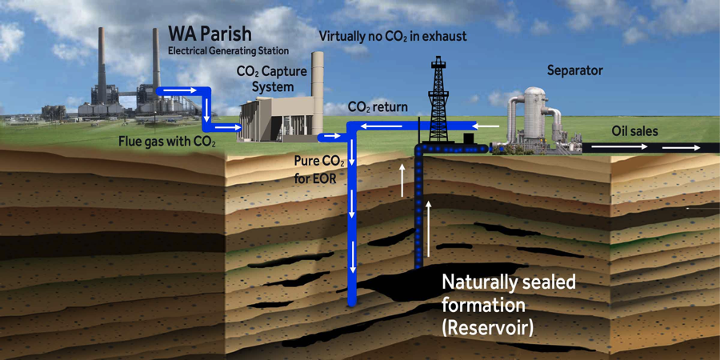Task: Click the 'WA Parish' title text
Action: click(x=209, y=34)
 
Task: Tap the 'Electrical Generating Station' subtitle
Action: click(x=217, y=51)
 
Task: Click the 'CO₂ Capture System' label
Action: click(x=272, y=78)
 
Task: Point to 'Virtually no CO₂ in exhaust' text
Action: click(x=392, y=36)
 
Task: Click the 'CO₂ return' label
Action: click(x=378, y=107)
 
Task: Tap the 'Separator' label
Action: click(x=574, y=70)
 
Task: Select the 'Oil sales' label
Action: click(x=634, y=130)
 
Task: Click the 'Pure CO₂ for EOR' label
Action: click(x=319, y=169)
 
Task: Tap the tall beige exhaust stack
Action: click(x=318, y=88)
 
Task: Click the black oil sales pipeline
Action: click(x=648, y=148)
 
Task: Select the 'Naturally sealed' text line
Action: click(x=509, y=282)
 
